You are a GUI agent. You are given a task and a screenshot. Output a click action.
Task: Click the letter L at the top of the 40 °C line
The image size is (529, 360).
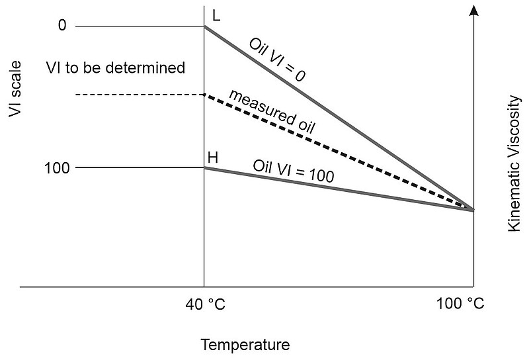point(216,15)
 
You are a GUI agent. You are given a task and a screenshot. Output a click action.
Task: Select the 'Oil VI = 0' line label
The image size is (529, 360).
point(277,60)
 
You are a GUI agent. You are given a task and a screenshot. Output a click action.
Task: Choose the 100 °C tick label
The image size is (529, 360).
point(460,304)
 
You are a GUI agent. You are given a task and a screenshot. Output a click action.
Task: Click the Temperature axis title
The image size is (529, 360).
point(245,345)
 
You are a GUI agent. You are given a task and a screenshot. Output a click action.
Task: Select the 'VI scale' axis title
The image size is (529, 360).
point(15,89)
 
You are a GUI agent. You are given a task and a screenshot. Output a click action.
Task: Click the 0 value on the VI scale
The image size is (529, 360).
point(63,26)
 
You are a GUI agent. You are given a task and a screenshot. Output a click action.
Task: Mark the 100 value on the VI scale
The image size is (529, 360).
point(57,168)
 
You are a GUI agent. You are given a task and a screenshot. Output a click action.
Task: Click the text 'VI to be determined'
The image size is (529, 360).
point(116,67)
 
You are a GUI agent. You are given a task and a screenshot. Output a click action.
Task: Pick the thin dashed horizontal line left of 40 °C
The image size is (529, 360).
point(139,95)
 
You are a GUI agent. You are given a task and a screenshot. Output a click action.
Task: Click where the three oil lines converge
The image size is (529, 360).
point(473,210)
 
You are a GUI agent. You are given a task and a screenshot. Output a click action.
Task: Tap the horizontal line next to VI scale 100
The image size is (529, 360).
point(139,167)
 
